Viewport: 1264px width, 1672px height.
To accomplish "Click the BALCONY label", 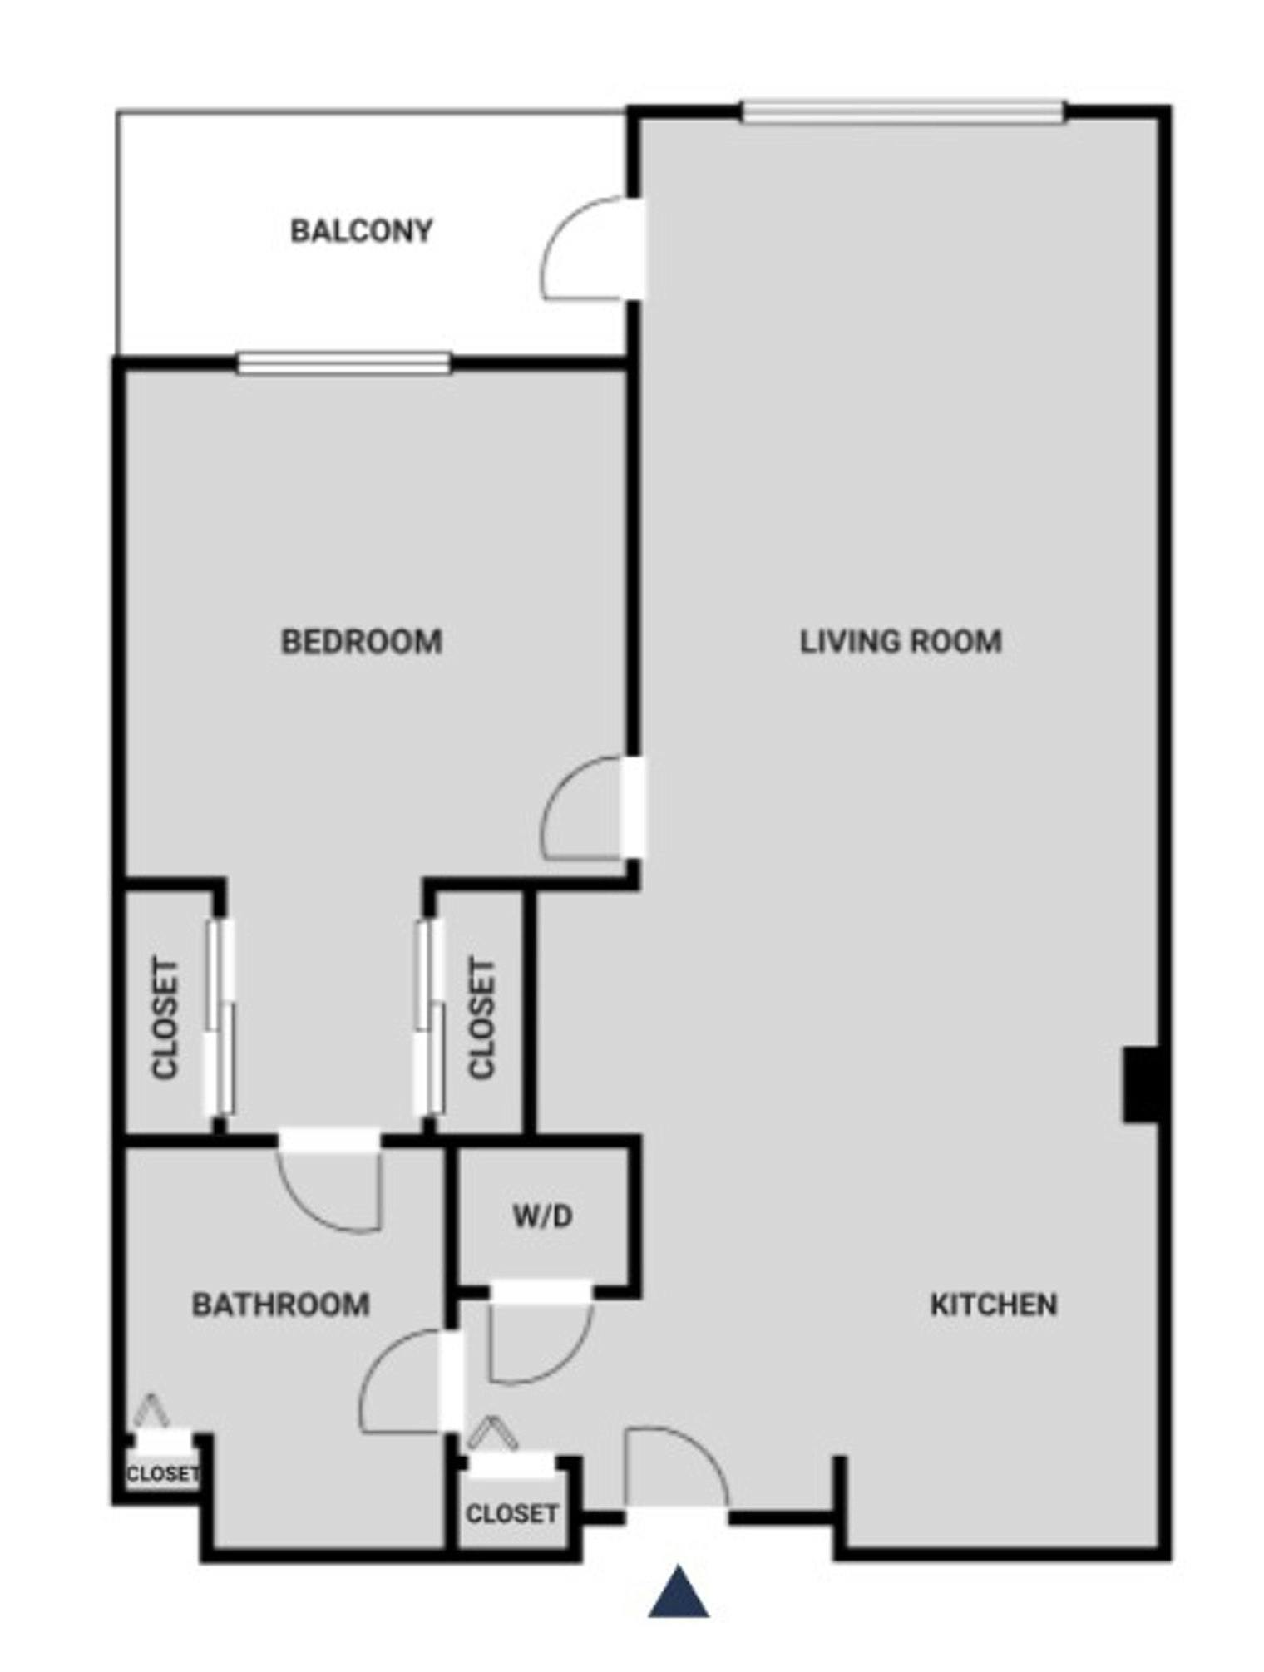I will tap(361, 230).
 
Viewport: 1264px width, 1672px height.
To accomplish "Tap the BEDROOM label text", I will tap(361, 642).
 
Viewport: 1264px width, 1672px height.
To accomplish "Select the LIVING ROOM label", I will tap(901, 642).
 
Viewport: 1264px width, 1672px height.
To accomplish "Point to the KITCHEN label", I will tap(993, 1305).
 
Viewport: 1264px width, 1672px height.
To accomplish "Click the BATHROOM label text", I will tap(280, 1305).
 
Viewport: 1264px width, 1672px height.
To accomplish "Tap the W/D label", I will tap(542, 1216).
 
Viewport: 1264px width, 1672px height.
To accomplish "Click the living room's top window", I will tap(902, 111).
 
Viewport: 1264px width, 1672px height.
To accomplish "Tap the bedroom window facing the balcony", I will tap(343, 363).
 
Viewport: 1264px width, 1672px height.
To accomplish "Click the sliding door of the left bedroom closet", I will tap(220, 1016).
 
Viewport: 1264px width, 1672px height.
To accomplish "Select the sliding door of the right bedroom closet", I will tap(429, 1016).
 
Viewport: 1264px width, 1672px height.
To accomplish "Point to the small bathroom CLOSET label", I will tap(162, 1474).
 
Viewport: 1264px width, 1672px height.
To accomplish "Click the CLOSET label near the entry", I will tap(511, 1513).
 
